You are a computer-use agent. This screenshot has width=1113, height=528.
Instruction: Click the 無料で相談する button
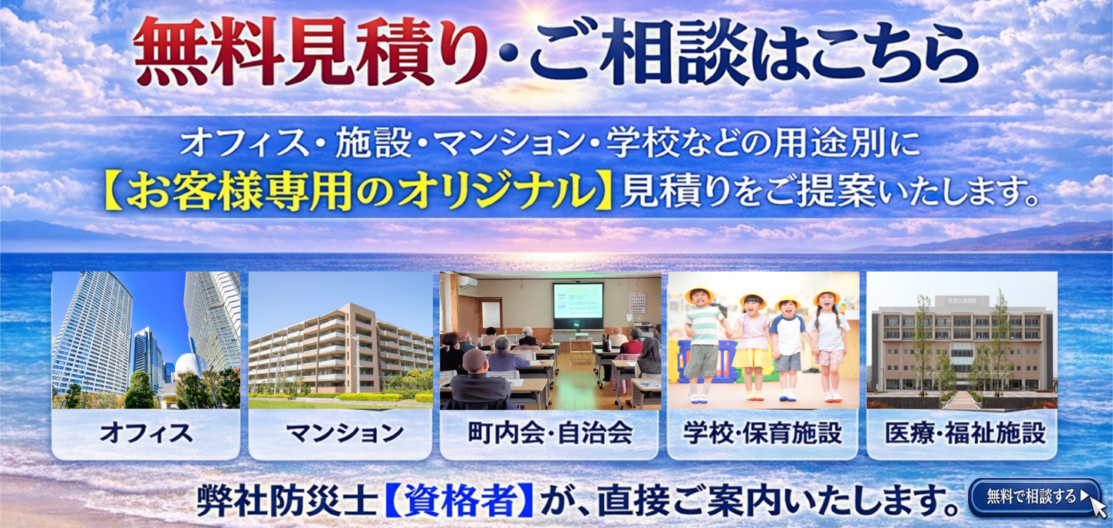point(1032,497)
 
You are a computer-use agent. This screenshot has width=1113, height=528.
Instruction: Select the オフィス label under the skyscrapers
point(146,434)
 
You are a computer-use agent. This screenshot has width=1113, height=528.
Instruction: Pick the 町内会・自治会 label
point(550,434)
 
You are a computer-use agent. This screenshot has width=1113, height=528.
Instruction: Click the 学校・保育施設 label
point(763,434)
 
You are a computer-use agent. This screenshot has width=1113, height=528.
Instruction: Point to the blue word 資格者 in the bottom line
point(457,500)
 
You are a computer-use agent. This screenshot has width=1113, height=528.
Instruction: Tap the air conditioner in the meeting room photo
point(467,282)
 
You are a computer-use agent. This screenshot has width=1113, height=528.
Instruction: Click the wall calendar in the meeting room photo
point(636,302)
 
